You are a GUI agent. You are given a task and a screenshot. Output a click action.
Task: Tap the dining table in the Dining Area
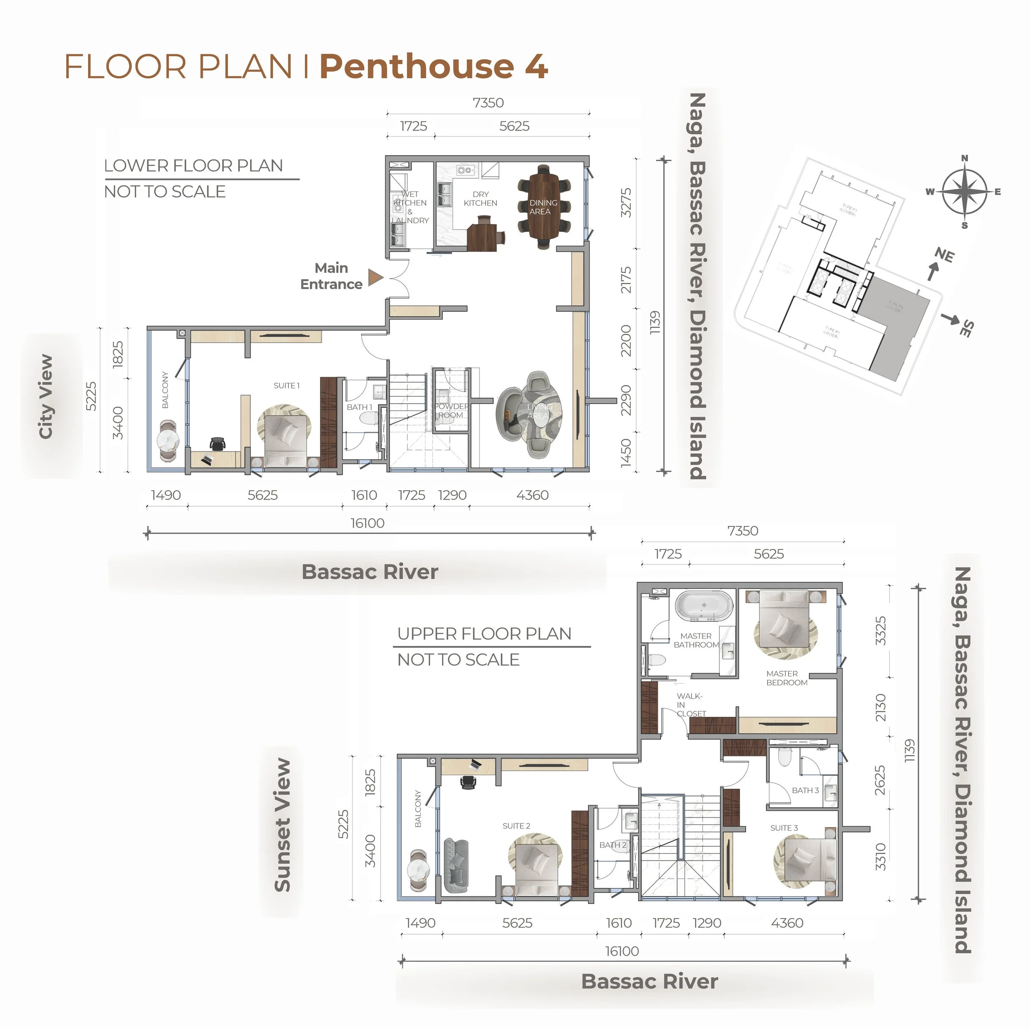tap(543, 206)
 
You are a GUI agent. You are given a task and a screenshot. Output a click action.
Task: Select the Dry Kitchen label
tap(480, 199)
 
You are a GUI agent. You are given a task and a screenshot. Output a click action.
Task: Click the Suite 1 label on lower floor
tap(287, 385)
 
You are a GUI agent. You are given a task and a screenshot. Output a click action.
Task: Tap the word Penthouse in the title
tap(416, 67)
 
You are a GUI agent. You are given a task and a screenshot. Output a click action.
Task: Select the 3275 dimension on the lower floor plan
tap(626, 202)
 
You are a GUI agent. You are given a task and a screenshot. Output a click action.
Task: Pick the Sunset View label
tap(282, 825)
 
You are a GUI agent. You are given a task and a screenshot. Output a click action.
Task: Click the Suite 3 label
tap(784, 828)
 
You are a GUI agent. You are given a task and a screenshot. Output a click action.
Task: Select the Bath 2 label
tap(613, 845)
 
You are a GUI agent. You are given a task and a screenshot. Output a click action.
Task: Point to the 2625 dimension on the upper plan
tap(880, 780)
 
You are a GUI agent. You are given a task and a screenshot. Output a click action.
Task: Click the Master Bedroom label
tap(787, 678)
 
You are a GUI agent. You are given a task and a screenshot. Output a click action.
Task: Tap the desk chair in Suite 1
tap(218, 444)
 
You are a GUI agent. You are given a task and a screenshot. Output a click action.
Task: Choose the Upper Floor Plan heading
tap(484, 634)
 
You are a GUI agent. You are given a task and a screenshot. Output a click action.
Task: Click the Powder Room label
tap(451, 410)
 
